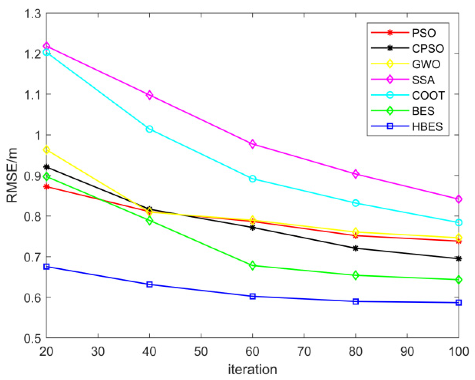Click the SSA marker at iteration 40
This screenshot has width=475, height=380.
150,95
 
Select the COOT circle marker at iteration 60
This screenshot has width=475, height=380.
253,179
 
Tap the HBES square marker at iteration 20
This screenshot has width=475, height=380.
47,267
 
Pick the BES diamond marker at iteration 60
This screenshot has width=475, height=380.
253,266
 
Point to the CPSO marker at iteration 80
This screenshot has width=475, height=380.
355,248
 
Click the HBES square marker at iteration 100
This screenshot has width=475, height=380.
458,303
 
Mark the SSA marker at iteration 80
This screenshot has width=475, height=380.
355,174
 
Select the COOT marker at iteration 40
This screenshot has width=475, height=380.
150,129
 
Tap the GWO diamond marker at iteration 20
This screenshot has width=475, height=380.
47,150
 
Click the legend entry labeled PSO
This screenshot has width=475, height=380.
423,33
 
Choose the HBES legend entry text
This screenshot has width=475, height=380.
427,127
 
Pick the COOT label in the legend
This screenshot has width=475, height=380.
428,95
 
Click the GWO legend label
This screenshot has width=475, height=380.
426,64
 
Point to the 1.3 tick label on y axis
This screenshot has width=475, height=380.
33,14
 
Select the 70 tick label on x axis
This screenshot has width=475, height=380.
304,351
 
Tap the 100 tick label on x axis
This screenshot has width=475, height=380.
458,351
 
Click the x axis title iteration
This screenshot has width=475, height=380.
252,369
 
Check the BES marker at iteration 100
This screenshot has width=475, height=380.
458,280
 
